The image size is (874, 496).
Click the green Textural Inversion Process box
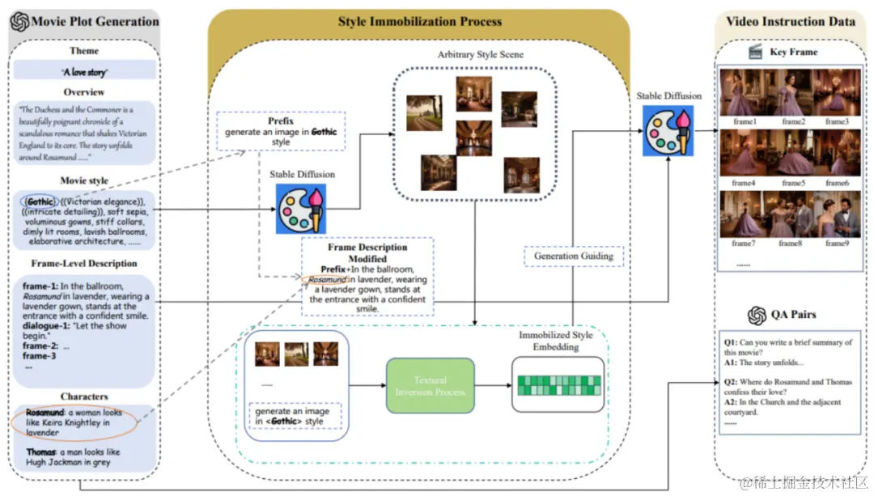[431, 386]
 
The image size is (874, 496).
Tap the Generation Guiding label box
[574, 256]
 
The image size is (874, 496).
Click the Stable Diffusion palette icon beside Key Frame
[668, 129]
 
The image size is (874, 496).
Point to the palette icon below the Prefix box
[300, 209]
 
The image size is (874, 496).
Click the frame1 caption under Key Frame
[743, 121]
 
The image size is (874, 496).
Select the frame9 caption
[836, 243]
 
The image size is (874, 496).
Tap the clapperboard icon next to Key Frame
[756, 52]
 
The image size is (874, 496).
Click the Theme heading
[84, 51]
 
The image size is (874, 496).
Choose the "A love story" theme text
[84, 72]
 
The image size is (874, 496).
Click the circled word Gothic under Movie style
[39, 201]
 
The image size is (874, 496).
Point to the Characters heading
[84, 396]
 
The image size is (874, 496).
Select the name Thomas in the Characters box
[40, 452]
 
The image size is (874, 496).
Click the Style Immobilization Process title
[419, 22]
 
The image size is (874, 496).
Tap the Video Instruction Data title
[790, 22]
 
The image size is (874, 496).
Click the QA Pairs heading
[791, 315]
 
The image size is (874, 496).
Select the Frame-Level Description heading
[84, 263]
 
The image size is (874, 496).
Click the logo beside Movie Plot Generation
[19, 22]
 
